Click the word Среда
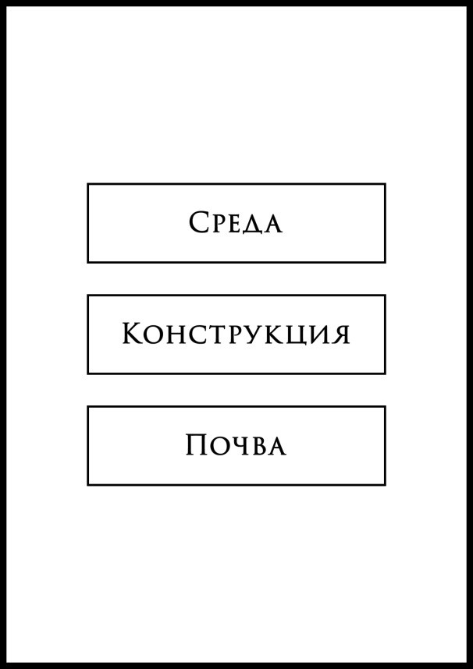pyautogui.click(x=236, y=222)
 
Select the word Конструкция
pyautogui.click(x=236, y=334)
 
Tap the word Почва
pyautogui.click(x=236, y=445)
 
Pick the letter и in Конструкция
pyautogui.click(x=320, y=336)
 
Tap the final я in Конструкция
pyautogui.click(x=341, y=336)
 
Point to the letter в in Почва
pyautogui.click(x=260, y=448)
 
